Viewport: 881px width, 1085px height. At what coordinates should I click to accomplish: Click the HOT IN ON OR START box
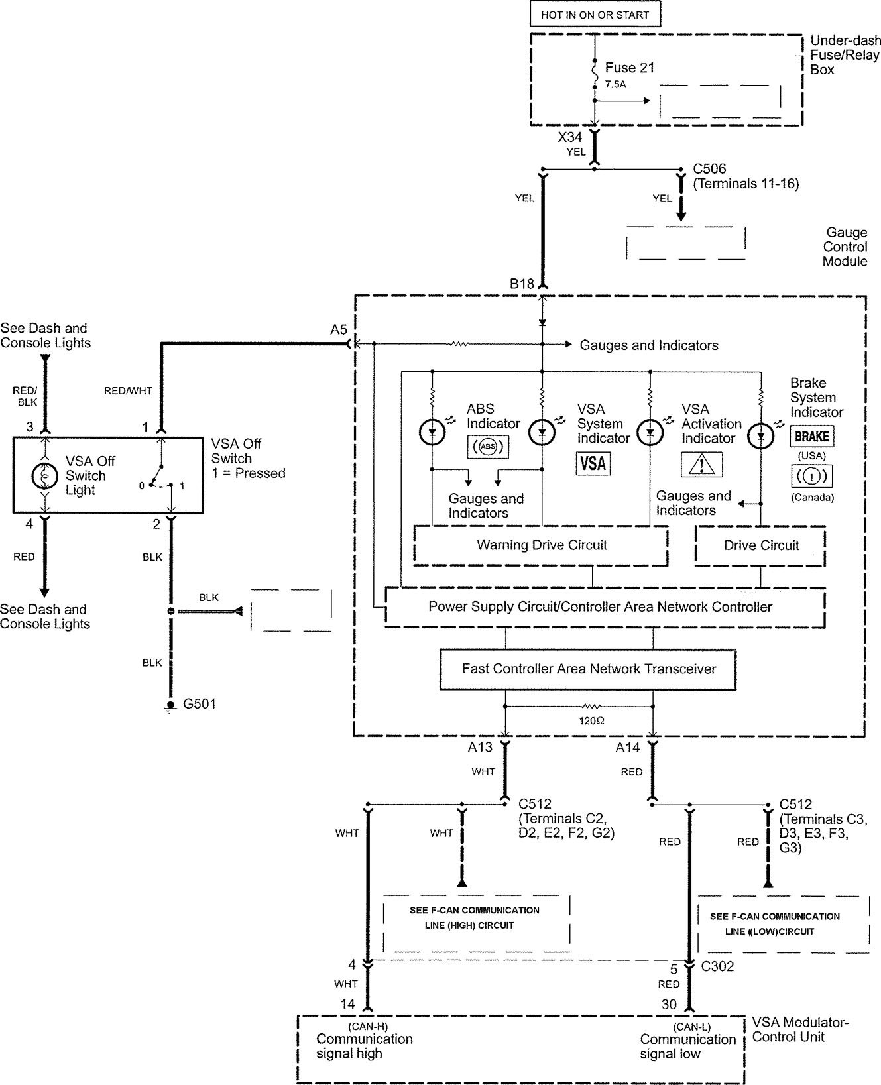click(595, 15)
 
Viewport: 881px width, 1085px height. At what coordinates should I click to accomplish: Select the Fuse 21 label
click(629, 68)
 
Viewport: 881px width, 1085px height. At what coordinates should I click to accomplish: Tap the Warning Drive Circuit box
click(541, 545)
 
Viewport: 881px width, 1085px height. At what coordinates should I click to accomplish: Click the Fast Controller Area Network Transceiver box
click(589, 669)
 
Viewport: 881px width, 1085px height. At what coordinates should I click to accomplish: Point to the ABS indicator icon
click(488, 447)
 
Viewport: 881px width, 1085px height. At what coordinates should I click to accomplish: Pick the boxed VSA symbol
click(593, 463)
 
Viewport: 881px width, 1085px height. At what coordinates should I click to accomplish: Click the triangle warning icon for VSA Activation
click(701, 464)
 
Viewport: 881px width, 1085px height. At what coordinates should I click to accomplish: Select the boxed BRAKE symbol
click(811, 437)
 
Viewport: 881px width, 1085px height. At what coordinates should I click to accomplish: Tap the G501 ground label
click(199, 704)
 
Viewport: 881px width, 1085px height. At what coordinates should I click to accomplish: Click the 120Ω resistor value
click(591, 720)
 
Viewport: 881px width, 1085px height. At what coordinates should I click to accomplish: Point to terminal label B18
click(522, 284)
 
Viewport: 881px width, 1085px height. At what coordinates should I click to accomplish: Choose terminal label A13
click(480, 748)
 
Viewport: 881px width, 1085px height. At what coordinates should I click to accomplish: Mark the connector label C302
click(718, 966)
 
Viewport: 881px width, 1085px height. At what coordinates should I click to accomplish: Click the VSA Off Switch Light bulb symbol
click(45, 475)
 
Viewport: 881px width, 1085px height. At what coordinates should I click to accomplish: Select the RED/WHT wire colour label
click(128, 391)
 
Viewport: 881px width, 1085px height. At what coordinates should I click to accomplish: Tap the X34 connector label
click(570, 137)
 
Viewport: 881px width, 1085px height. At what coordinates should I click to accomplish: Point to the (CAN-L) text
click(692, 1027)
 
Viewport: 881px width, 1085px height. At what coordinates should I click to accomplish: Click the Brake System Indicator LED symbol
click(760, 435)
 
